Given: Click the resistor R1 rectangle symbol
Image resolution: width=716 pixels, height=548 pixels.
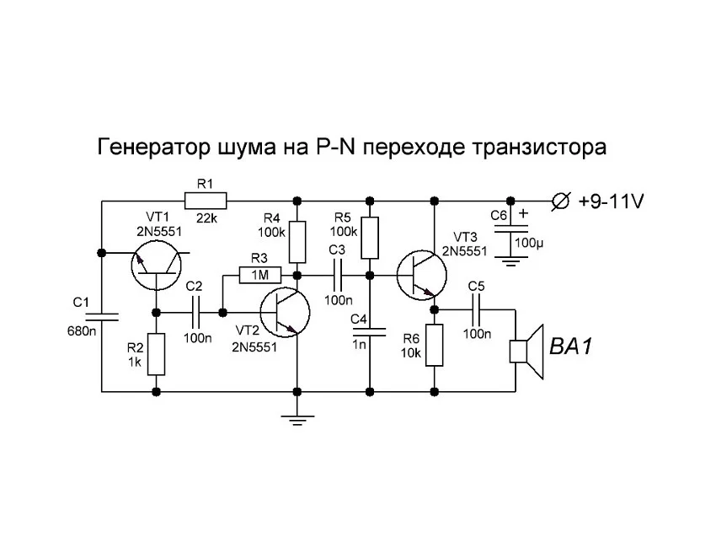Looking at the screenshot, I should click(x=206, y=201).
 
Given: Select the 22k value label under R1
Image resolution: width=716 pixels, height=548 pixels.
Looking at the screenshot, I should click(x=206, y=218).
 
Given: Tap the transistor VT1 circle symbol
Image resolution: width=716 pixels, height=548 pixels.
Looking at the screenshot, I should click(x=156, y=265).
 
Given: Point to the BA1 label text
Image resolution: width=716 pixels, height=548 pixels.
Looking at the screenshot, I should click(x=571, y=347).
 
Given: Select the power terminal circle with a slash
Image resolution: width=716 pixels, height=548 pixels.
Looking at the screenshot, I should click(x=559, y=201).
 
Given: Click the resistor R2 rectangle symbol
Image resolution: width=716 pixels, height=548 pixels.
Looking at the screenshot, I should click(x=156, y=354).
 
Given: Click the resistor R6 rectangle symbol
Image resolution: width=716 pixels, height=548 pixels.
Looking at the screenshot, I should click(x=434, y=346).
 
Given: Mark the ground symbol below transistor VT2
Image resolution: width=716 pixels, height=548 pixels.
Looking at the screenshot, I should click(x=297, y=416).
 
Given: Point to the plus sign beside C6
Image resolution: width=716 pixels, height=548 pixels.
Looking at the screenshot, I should click(x=523, y=213).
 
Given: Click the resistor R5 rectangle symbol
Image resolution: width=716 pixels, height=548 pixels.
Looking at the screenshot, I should click(x=369, y=238).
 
